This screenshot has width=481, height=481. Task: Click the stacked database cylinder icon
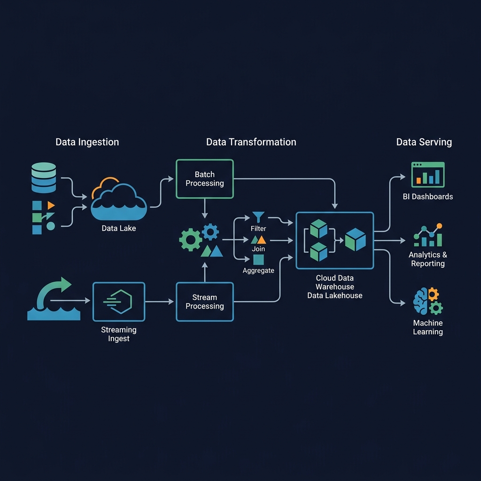click(x=44, y=178)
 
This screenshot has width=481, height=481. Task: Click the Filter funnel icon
click(x=258, y=217)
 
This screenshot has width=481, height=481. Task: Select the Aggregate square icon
click(x=258, y=259)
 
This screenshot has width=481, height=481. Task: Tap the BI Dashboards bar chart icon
click(x=427, y=175)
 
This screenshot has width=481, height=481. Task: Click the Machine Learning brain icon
click(x=428, y=301)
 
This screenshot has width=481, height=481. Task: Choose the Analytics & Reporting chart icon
click(x=428, y=235)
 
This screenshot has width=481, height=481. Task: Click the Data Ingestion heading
click(x=87, y=142)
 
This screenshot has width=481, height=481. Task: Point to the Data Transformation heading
click(x=251, y=142)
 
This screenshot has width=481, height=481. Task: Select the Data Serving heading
click(x=424, y=142)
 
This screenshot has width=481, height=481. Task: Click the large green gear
click(x=191, y=240)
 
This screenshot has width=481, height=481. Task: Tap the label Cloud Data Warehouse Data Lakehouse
click(x=334, y=287)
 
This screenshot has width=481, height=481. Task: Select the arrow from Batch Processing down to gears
click(x=205, y=209)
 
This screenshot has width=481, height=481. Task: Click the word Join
click(x=258, y=249)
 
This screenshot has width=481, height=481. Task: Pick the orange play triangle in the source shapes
click(x=51, y=205)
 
